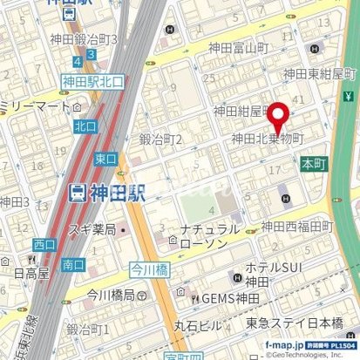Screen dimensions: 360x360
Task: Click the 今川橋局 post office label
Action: click(x=103, y=294)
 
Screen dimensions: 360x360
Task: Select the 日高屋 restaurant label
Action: click(x=26, y=272)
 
